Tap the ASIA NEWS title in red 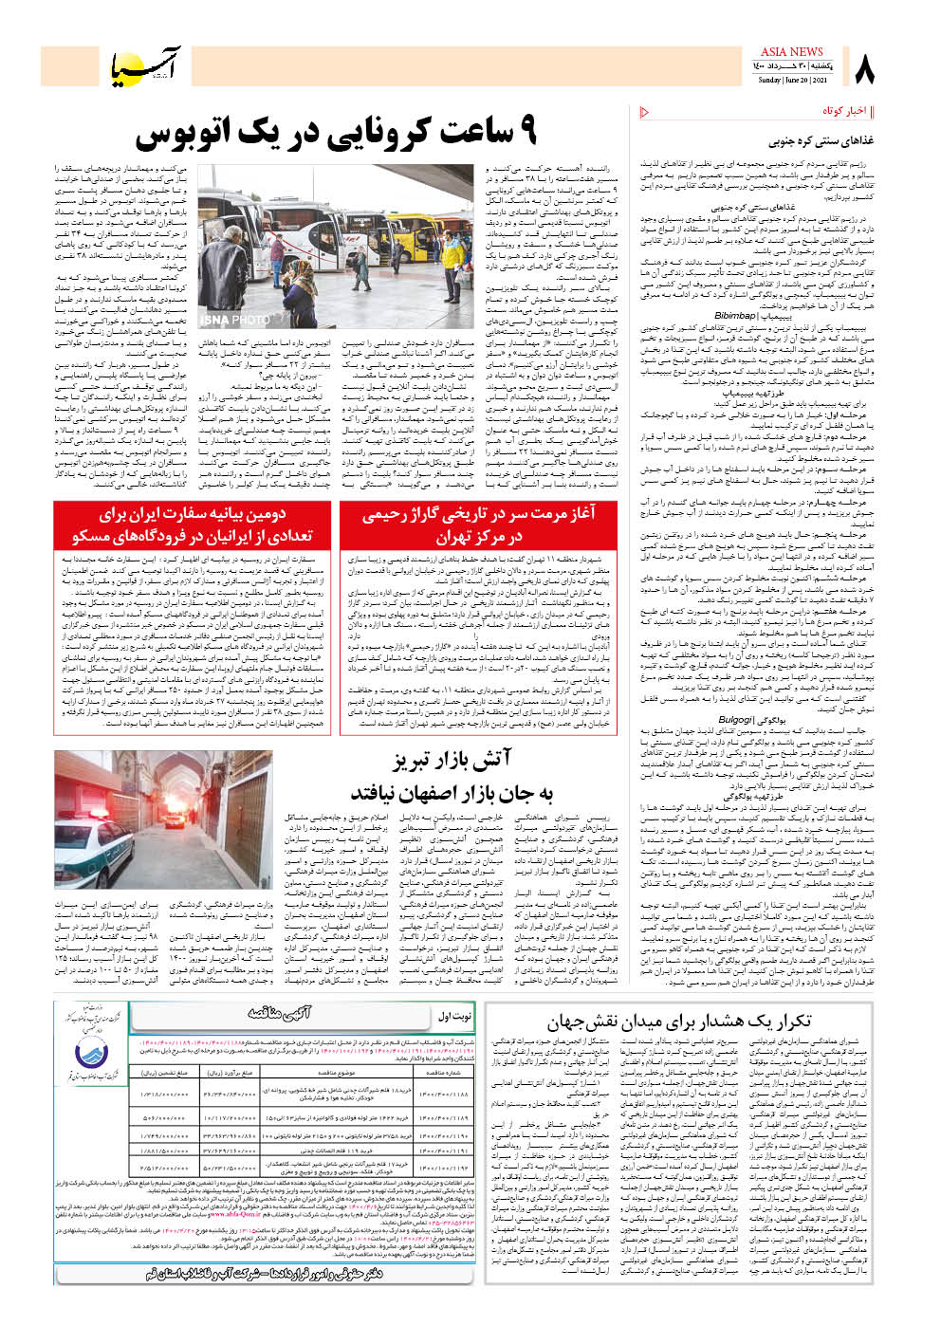[x=791, y=51]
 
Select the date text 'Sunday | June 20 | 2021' [x=791, y=81]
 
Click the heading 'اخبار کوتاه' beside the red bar [x=843, y=112]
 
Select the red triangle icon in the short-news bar [x=645, y=112]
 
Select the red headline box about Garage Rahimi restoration [x=478, y=525]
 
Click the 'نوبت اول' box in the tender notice [x=454, y=1016]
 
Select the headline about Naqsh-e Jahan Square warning [x=678, y=1022]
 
